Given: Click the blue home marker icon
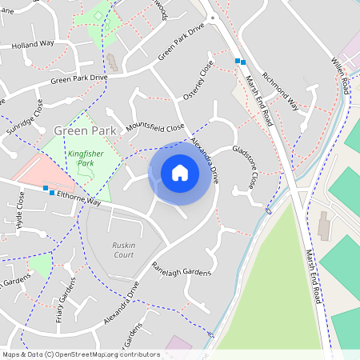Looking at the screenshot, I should click(180, 172).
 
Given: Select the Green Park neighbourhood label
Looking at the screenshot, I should click(85, 130).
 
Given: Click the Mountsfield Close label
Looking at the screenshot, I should click(154, 126).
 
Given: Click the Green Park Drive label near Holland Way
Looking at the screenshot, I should click(78, 78).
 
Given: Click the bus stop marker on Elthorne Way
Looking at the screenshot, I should click(49, 190).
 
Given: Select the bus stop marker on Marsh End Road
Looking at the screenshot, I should click(239, 61).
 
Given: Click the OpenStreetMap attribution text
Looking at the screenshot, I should click(81, 354).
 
